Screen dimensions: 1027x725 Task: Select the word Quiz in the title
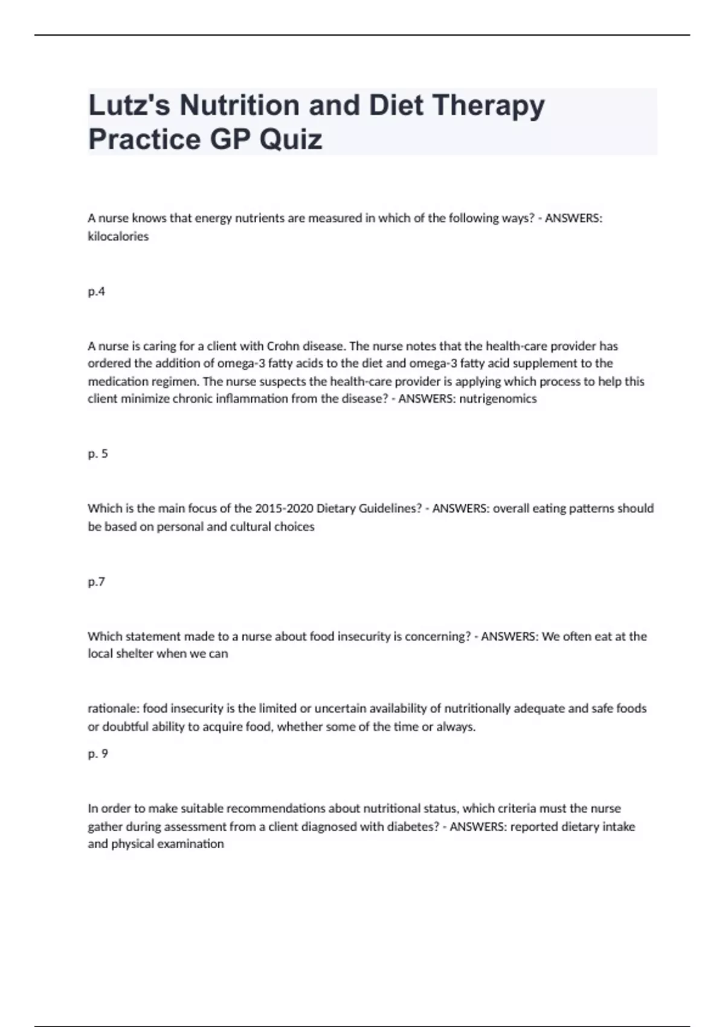pos(291,140)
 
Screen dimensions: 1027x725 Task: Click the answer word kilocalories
pos(118,237)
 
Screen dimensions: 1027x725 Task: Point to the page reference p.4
pos(96,292)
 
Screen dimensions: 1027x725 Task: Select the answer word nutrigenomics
pos(498,399)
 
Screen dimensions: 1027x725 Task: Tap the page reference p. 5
pos(97,454)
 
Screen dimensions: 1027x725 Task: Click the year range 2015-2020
pos(284,509)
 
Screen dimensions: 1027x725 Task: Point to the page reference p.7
pos(96,582)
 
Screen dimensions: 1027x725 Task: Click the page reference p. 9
pos(97,754)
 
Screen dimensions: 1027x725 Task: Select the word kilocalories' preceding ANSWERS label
pos(573,219)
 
